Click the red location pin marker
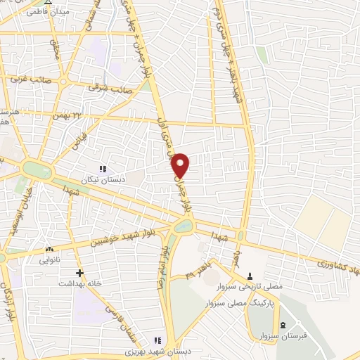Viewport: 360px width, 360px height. [x=181, y=165]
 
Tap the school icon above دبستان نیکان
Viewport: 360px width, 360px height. [x=103, y=169]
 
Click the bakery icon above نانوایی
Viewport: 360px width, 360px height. [x=49, y=250]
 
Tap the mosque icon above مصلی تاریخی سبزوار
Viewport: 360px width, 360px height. [x=250, y=274]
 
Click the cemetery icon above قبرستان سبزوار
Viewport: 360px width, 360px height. [x=283, y=324]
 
